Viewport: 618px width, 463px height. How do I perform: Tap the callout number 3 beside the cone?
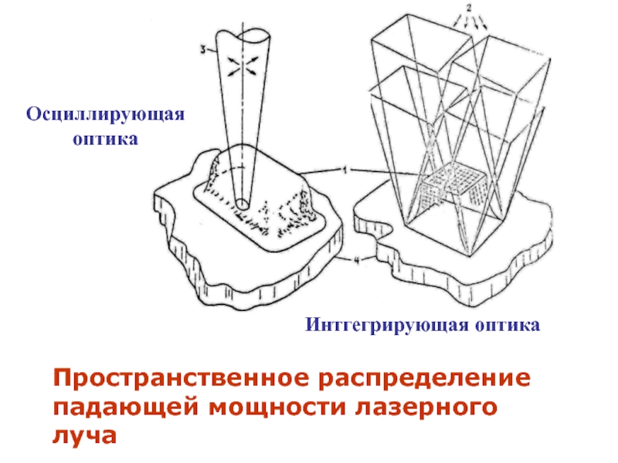tap(202, 51)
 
